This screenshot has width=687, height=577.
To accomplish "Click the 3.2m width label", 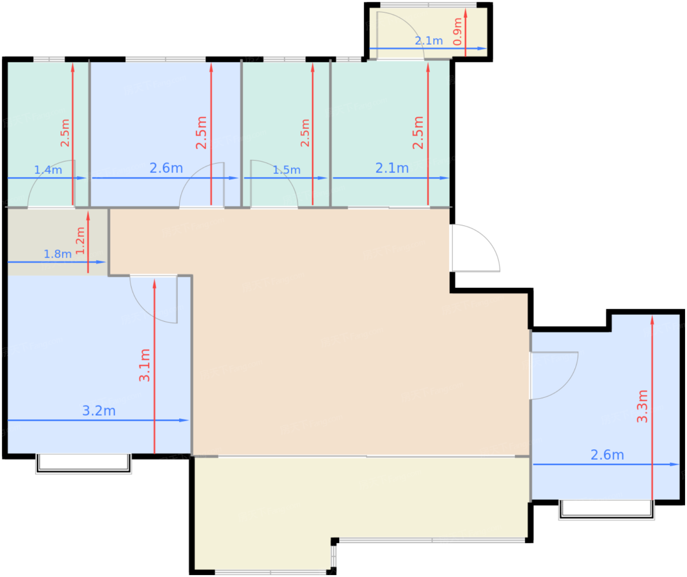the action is point(99,411).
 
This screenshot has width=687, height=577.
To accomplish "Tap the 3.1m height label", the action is point(144,365).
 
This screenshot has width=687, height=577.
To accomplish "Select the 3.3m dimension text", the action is point(642,406).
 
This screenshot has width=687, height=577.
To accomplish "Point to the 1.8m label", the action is point(57,254).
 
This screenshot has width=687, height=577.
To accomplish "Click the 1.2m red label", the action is point(80,241).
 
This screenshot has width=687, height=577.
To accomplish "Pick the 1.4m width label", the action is point(48,170).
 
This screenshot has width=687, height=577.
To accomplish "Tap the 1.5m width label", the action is point(287,170).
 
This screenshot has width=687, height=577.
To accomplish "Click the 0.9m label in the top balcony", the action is point(457,31).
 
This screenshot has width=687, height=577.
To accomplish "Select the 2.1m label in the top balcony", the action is point(429,41).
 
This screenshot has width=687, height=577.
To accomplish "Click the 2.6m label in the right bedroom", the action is point(607,455).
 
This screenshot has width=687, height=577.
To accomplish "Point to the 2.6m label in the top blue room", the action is point(166,168).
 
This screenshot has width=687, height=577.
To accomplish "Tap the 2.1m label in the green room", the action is point(392,168).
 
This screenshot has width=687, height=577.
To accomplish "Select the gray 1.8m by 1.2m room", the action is point(57,242).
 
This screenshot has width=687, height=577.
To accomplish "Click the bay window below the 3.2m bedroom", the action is point(83,464).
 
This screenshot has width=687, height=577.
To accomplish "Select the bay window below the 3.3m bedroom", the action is point(607,510).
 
